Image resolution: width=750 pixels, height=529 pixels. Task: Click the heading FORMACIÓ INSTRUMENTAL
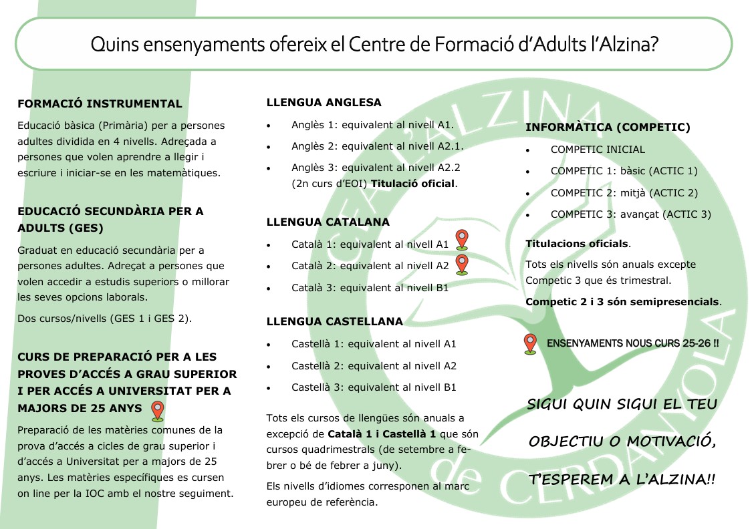coord(100,104)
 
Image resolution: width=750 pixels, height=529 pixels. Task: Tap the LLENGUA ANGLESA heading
coord(324,103)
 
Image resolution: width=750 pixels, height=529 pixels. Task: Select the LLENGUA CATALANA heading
coord(328,222)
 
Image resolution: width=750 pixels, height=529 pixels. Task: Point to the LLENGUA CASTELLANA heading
coord(334,321)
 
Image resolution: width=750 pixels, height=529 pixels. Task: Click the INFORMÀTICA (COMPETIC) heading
coord(608,127)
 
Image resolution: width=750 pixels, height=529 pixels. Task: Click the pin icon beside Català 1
coord(461,239)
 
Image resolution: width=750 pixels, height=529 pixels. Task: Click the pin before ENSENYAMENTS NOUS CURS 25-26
coord(530,343)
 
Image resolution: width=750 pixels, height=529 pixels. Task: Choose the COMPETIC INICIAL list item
coord(598,150)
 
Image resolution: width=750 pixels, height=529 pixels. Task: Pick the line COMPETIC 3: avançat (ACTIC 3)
coord(630,214)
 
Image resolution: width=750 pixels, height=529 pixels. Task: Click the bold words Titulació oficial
coord(412,184)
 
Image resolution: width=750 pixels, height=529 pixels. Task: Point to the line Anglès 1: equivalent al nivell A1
coord(372,125)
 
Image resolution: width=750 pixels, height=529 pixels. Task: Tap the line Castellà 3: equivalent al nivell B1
coord(374,387)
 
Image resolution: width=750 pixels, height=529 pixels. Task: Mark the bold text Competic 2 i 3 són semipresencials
coord(623,301)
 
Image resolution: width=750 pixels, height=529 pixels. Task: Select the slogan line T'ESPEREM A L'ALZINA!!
coord(622,480)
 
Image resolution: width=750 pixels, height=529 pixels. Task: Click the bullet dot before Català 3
coord(269,289)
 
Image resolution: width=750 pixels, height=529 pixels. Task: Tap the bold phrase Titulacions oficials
coord(577,243)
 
